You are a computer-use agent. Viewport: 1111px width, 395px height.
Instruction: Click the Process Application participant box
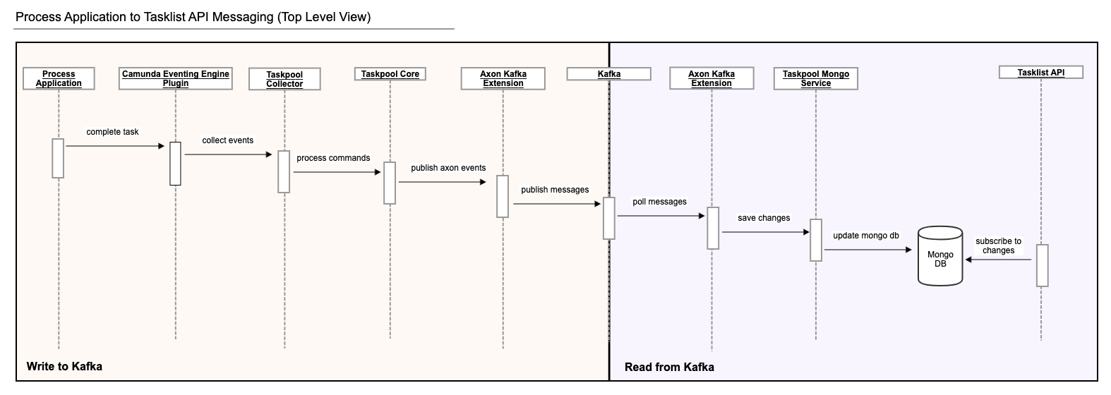tap(59, 78)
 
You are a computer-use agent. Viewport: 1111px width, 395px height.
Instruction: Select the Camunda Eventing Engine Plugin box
tap(176, 78)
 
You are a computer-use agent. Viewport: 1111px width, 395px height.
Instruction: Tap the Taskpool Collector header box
tap(284, 79)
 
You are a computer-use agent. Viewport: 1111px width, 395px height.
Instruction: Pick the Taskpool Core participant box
tap(390, 74)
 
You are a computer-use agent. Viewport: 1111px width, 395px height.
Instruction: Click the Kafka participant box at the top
tap(609, 73)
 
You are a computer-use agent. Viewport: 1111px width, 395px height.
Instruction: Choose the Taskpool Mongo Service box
tap(816, 78)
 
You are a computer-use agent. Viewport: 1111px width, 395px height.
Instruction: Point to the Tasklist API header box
tap(1041, 72)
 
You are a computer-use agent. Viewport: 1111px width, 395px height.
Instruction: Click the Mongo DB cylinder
tap(940, 255)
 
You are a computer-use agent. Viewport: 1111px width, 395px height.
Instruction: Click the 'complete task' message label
tap(113, 132)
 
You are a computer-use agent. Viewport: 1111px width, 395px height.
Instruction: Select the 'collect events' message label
tap(227, 140)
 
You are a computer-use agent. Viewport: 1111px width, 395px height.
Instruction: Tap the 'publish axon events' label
tap(448, 168)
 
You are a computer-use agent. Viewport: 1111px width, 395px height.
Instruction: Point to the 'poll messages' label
tap(659, 202)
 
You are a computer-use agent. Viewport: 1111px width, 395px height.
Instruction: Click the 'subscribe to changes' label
tap(998, 245)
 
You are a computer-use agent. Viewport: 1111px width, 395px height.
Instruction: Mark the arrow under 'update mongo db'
tap(868, 249)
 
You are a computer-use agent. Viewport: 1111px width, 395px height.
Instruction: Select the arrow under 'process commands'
tap(337, 171)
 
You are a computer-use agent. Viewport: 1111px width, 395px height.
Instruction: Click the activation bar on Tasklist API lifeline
tap(1042, 265)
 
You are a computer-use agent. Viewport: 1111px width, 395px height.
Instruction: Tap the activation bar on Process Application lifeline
tap(58, 158)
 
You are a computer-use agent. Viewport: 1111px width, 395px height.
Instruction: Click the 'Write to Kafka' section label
tap(64, 366)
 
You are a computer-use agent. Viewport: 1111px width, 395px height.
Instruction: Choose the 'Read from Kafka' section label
tap(669, 367)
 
